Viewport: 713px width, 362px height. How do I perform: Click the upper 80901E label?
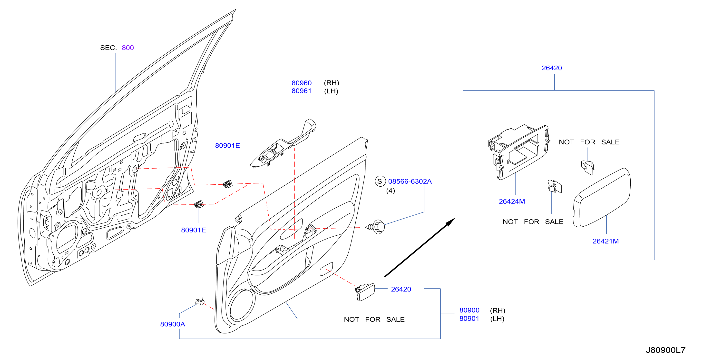point(227,145)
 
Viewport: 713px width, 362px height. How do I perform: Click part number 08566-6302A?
point(410,181)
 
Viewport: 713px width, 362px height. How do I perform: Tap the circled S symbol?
point(380,181)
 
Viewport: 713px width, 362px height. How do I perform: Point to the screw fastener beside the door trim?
point(376,227)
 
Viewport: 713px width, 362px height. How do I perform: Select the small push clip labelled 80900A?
point(200,301)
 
